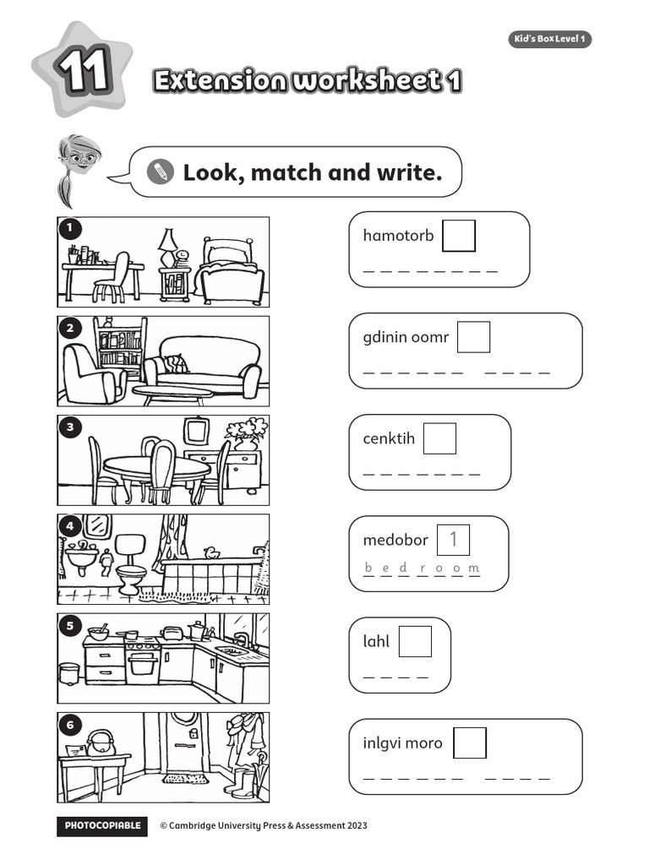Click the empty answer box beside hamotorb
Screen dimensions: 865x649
coord(459,236)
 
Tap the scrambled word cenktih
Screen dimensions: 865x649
coord(389,438)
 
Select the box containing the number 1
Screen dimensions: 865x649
coord(453,540)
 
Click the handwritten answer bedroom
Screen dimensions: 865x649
coord(422,568)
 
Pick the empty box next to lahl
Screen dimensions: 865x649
coord(415,641)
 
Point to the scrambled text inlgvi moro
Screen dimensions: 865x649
coord(402,743)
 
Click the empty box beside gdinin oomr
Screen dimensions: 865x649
coord(474,337)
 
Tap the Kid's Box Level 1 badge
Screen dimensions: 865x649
coord(549,40)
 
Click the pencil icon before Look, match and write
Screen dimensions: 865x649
coord(158,172)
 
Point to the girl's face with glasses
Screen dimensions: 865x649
coord(80,158)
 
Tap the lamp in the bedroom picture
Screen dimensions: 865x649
coord(168,243)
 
